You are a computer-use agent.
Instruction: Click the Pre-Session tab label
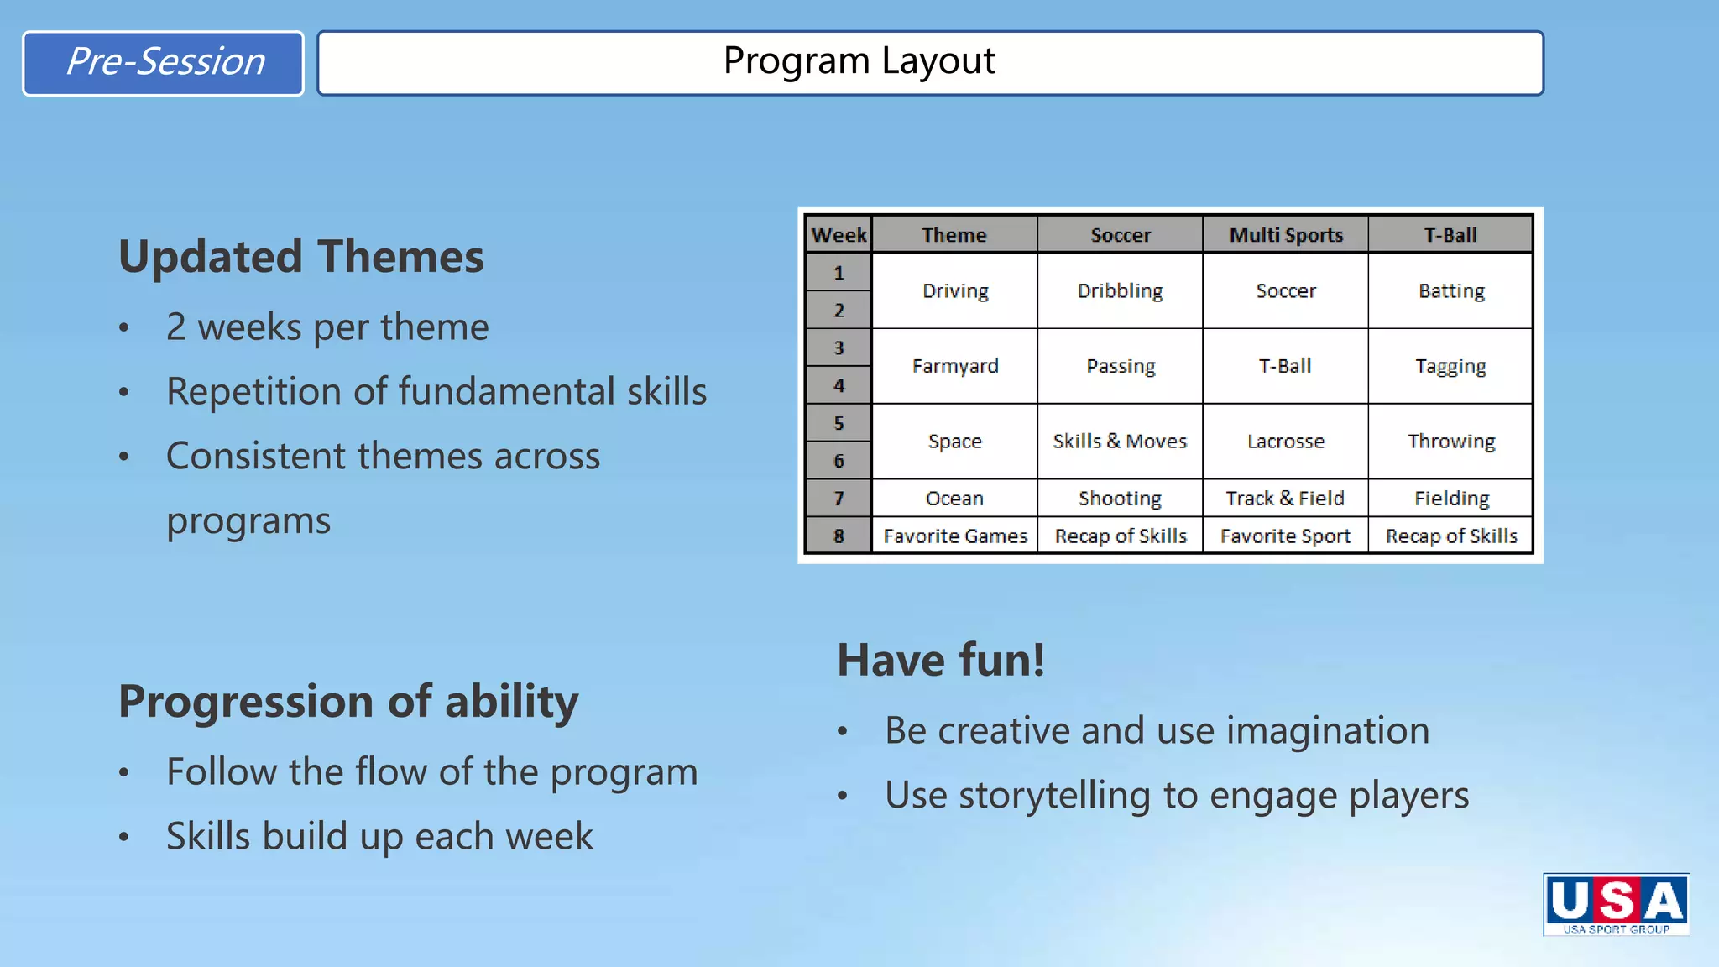click(165, 62)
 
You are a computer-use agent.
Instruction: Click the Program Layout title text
click(859, 61)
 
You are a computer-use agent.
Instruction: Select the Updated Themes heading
click(300, 256)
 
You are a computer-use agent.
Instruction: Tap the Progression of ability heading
click(348, 701)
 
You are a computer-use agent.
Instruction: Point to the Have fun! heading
click(941, 660)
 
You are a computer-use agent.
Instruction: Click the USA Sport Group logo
click(1616, 904)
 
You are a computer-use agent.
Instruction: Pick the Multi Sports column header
click(1286, 235)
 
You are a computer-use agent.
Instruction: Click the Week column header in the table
click(839, 235)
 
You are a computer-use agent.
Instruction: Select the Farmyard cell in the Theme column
click(955, 366)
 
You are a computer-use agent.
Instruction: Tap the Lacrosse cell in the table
click(1286, 442)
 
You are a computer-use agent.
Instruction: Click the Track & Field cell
click(1285, 499)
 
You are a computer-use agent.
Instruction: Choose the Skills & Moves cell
click(1120, 442)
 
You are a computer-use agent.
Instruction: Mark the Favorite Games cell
click(955, 536)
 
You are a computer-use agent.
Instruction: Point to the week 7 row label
click(839, 499)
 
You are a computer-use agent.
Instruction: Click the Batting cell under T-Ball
click(1451, 291)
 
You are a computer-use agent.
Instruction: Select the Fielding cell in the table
click(1451, 499)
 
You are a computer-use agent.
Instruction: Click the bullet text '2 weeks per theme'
click(327, 327)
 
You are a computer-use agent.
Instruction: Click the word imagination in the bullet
click(1328, 731)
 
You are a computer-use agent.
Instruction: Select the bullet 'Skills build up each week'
click(379, 837)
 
